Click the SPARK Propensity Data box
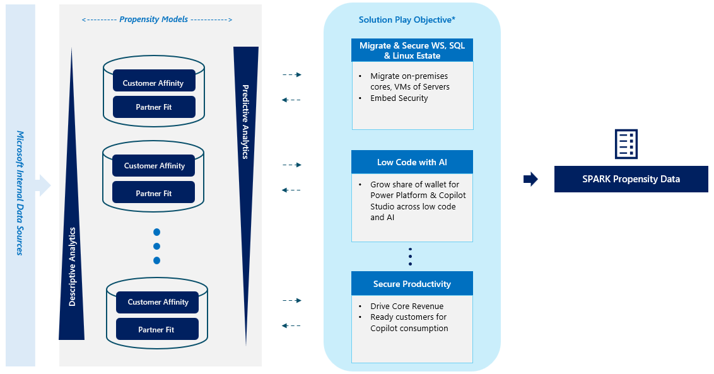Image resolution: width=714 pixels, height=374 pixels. point(631,179)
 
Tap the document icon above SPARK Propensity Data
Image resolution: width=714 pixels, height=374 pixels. point(626,144)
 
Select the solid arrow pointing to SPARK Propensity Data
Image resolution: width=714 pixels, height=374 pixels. point(530,179)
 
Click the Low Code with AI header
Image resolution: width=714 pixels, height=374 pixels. point(412,162)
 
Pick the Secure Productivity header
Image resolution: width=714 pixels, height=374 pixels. point(412,284)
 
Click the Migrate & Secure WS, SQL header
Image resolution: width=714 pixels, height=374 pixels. point(412,50)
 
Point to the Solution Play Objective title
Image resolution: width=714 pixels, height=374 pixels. point(407,20)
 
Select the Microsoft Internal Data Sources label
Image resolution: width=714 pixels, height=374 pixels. point(20,192)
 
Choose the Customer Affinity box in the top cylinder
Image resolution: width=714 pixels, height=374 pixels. point(154,83)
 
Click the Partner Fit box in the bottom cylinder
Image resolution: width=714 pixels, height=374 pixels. point(156,329)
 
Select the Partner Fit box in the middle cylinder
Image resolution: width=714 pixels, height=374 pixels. point(154,193)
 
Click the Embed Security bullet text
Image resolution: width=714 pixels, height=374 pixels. point(399,98)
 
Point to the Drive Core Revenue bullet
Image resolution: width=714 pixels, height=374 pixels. point(407,307)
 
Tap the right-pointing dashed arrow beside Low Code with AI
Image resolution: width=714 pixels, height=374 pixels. point(291,165)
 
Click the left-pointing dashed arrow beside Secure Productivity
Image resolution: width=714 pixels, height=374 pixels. point(291,325)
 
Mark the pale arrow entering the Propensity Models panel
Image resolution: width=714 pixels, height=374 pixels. point(43,185)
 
